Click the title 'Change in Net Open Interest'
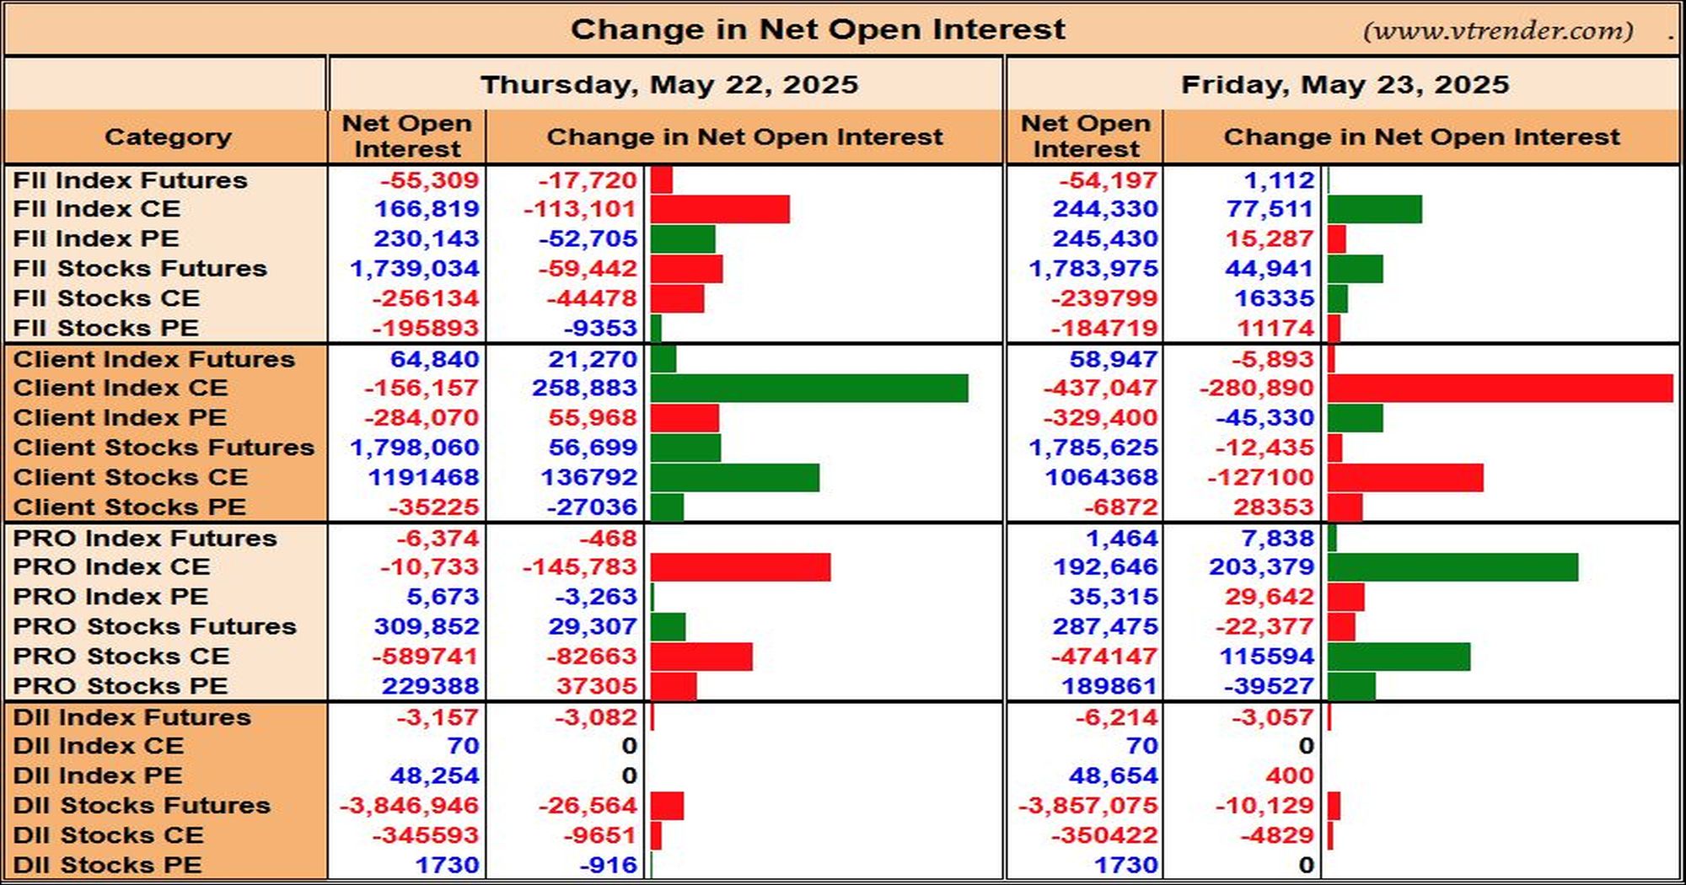click(x=818, y=29)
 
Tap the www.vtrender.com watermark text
click(x=1498, y=31)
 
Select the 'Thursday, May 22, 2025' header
click(x=669, y=84)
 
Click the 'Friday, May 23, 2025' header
click(x=1345, y=84)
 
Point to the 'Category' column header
click(x=168, y=137)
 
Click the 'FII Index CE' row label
click(x=96, y=208)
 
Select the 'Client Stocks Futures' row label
click(x=164, y=447)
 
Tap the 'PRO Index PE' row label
click(x=110, y=596)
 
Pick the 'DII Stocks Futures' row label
click(x=142, y=805)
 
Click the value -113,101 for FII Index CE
click(x=580, y=209)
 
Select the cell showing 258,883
click(x=584, y=388)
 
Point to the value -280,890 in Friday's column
click(x=1256, y=388)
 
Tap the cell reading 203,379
click(x=1261, y=566)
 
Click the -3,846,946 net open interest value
click(x=409, y=806)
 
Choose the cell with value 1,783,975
click(x=1093, y=269)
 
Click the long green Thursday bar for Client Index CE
click(x=809, y=388)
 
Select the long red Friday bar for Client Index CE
click(x=1501, y=388)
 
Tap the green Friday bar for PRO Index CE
click(x=1452, y=567)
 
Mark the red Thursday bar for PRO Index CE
click(x=740, y=567)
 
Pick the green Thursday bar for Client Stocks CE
click(x=735, y=477)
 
